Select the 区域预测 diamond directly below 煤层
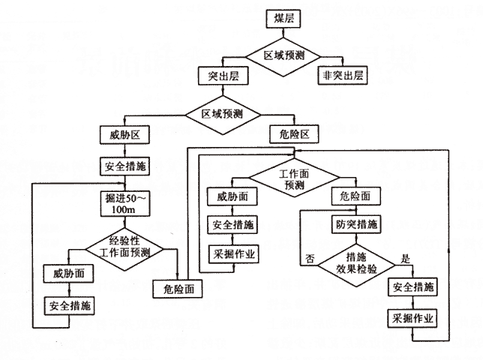tap(283, 55)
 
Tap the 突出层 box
tap(217, 76)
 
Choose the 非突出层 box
tap(343, 76)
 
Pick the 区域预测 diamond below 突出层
tap(221, 115)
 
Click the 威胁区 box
tap(125, 135)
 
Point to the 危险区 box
tap(295, 135)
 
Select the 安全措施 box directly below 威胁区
tap(125, 165)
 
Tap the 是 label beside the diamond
tap(407, 258)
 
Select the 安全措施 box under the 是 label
tap(412, 287)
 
